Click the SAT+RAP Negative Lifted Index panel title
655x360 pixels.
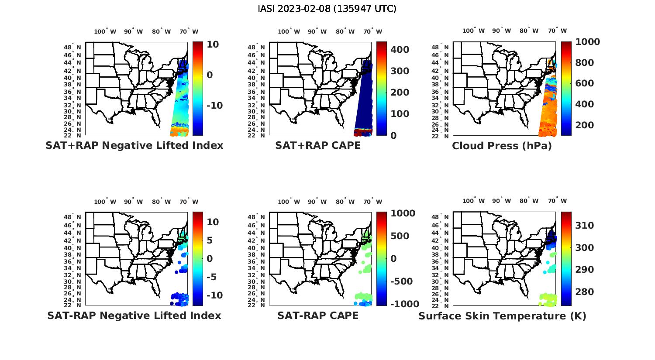click(134, 146)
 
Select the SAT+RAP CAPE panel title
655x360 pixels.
click(318, 146)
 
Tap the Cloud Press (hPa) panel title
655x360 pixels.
click(502, 146)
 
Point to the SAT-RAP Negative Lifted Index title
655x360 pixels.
click(134, 315)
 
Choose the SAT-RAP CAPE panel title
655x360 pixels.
click(318, 315)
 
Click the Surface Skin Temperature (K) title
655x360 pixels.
click(502, 316)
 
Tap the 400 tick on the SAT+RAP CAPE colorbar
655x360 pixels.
click(400, 50)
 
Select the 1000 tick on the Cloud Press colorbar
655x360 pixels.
click(588, 42)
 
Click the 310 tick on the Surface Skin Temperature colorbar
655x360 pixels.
click(585, 225)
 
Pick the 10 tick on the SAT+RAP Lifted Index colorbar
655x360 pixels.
click(213, 45)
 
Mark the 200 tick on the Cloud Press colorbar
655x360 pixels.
click(585, 125)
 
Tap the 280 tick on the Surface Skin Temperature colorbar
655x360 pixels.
click(585, 292)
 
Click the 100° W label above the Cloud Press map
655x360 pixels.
click(473, 31)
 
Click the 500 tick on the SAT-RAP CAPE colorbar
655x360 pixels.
click(400, 236)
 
